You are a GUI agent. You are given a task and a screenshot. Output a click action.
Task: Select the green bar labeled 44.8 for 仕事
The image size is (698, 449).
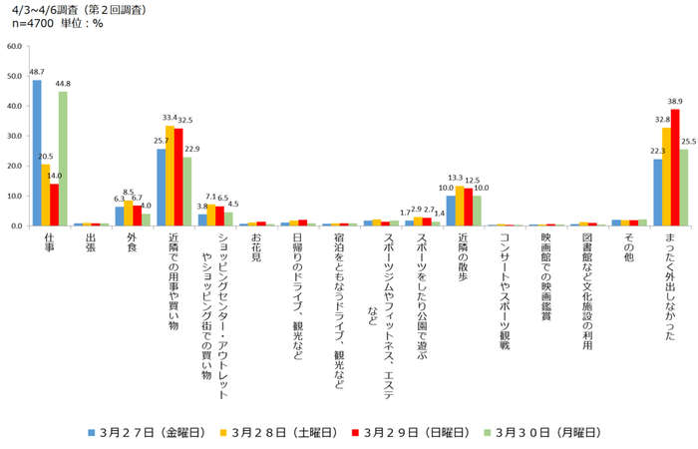click(63, 159)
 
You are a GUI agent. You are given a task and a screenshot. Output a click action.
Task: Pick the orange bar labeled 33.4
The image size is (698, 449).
click(170, 176)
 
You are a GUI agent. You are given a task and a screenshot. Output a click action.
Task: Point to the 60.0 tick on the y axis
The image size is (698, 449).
click(15, 46)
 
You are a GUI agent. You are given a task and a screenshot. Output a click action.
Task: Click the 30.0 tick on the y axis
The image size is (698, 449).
click(15, 136)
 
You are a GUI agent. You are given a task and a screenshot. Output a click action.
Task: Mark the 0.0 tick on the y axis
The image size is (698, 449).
click(17, 225)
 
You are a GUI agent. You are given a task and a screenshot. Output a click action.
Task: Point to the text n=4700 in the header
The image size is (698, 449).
click(32, 24)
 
